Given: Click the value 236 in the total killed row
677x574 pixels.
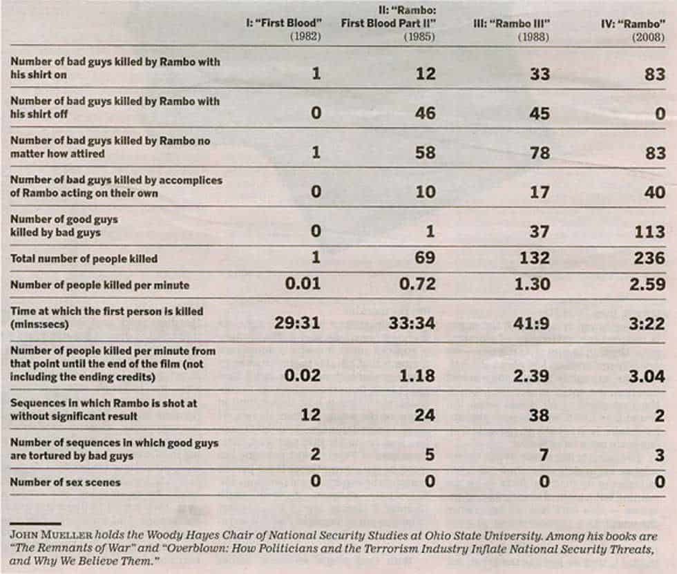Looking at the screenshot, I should coord(649,259).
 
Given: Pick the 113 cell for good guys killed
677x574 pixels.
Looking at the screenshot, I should coord(649,232).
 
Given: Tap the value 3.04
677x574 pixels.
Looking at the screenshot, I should coord(647,376).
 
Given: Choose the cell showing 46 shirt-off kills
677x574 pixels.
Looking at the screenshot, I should coord(425,113).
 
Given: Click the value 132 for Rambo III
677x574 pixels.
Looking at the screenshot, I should coord(534,259).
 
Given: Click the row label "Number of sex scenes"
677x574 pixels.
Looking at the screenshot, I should coord(65,482).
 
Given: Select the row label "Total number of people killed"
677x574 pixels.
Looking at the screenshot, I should coord(84,259).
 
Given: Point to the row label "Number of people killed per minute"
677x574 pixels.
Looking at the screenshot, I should coord(99,285).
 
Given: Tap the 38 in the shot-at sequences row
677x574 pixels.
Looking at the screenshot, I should coord(540,416).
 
